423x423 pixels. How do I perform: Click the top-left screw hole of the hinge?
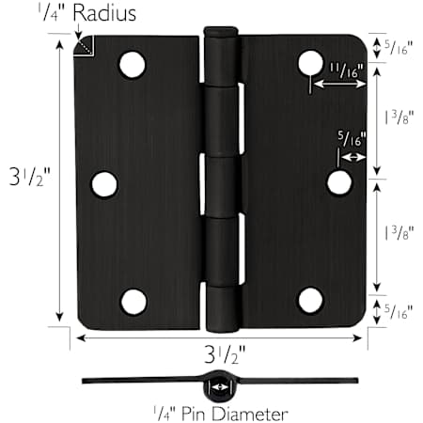[133, 65]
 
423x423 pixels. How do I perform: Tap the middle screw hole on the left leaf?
[104, 184]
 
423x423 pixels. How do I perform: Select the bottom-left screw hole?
[133, 302]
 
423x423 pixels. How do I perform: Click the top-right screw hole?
[310, 63]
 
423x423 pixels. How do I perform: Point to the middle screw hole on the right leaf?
[339, 182]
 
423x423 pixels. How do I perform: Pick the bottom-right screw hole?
[310, 300]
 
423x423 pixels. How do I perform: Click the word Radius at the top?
[104, 13]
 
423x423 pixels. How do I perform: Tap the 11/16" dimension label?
[346, 70]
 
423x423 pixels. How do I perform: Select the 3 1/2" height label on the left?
[30, 177]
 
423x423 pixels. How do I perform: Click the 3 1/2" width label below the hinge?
[225, 354]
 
